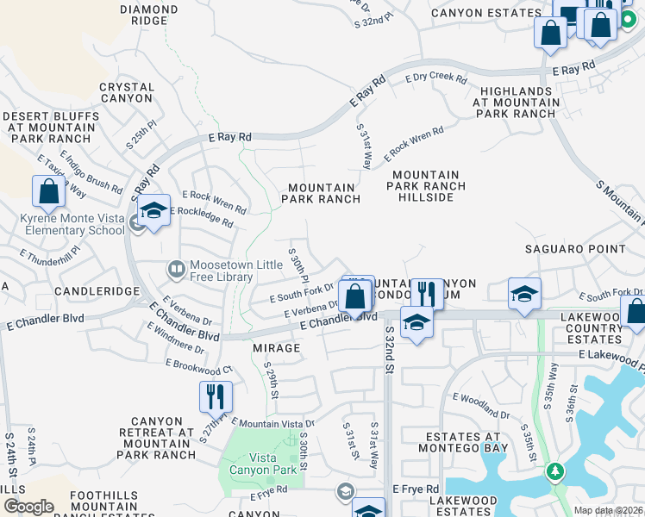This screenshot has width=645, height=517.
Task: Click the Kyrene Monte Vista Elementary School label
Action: coord(72,224)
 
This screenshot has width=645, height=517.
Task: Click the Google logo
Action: coord(28,507)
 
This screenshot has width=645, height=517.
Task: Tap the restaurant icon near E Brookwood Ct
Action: coord(216,397)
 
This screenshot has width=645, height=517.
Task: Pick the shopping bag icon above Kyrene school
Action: coord(48,192)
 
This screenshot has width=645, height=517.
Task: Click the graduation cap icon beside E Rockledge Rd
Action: coord(153,211)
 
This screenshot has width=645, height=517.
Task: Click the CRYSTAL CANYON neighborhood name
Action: coord(127,93)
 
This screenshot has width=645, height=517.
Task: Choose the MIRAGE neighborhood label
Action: coord(277,348)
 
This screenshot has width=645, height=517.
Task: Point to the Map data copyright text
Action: coord(608,510)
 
